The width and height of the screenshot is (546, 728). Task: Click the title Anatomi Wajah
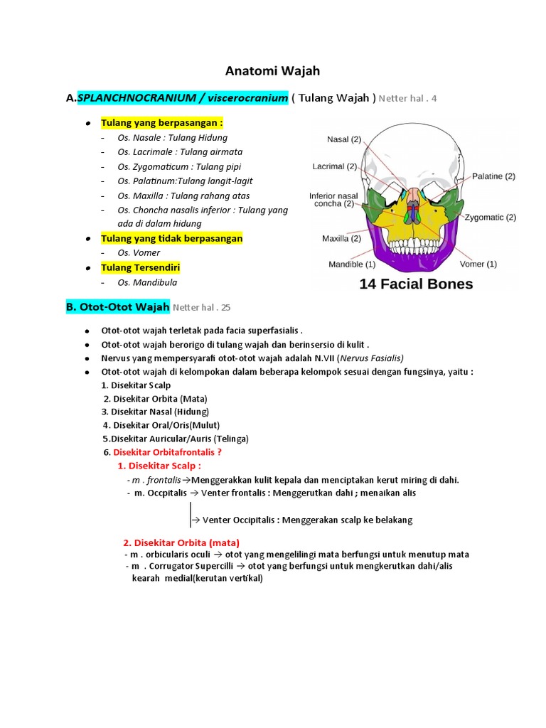pyautogui.click(x=272, y=70)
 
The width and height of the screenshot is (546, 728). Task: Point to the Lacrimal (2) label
pyautogui.click(x=334, y=167)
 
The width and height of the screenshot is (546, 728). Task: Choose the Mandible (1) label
pyautogui.click(x=352, y=264)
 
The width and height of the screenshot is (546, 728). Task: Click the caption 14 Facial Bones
pyautogui.click(x=416, y=284)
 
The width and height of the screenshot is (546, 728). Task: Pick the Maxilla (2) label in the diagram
pyautogui.click(x=341, y=238)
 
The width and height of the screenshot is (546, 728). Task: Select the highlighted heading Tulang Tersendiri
pyautogui.click(x=140, y=267)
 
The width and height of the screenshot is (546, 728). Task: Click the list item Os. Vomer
pyautogui.click(x=139, y=252)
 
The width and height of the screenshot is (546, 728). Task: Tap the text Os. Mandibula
pyautogui.click(x=147, y=282)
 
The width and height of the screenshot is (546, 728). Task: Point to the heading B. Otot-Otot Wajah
pyautogui.click(x=117, y=307)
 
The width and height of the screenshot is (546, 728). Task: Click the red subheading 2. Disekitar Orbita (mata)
pyautogui.click(x=181, y=542)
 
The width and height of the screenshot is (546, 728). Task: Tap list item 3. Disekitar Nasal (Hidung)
pyautogui.click(x=155, y=412)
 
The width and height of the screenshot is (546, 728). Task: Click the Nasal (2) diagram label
pyautogui.click(x=344, y=139)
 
